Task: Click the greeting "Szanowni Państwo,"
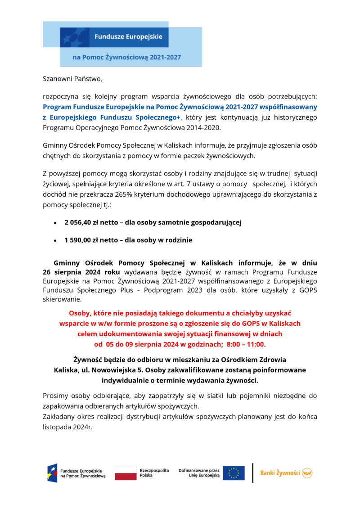pyautogui.click(x=72, y=79)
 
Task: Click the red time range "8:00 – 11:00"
pyautogui.click(x=245, y=344)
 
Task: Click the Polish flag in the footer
pyautogui.click(x=126, y=473)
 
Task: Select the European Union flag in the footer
pyautogui.click(x=234, y=473)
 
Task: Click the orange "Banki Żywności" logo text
pyautogui.click(x=280, y=473)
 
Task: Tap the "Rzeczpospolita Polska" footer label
pyautogui.click(x=154, y=473)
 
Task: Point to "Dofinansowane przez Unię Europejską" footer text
pyautogui.click(x=199, y=473)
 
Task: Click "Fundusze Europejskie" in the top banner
pyautogui.click(x=128, y=36)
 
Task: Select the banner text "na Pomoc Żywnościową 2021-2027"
pyautogui.click(x=127, y=58)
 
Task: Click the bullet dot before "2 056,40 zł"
pyautogui.click(x=55, y=223)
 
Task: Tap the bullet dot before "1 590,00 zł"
pyautogui.click(x=55, y=241)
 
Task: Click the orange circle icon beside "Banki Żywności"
pyautogui.click(x=307, y=473)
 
